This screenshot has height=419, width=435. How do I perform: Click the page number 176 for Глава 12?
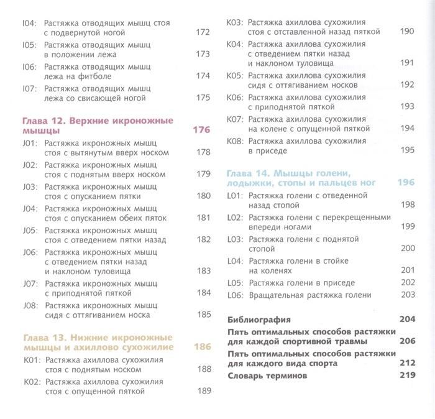coord(202,131)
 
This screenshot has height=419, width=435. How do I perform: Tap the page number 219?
coord(406,376)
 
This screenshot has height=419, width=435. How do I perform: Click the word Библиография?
coord(260,320)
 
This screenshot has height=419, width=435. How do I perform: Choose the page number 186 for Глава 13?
coord(202,347)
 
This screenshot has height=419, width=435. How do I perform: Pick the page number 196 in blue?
coord(405,182)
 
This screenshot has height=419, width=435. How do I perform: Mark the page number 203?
coord(407,295)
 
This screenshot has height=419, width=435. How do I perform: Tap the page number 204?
coord(406,320)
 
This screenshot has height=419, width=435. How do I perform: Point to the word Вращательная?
coord(276,295)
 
